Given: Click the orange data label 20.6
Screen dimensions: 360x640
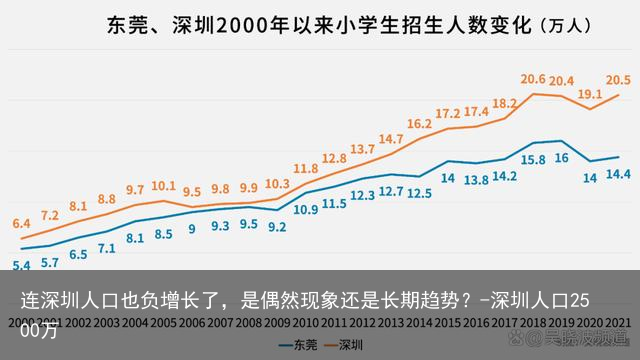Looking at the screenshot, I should click(533, 78).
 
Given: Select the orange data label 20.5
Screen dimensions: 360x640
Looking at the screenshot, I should click(618, 79).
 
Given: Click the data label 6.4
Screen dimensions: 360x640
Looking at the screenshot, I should click(21, 224).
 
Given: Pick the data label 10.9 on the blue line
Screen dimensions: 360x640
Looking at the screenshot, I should click(306, 210).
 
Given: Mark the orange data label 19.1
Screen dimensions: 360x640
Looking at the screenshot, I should click(590, 93).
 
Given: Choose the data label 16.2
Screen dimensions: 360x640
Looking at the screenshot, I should click(420, 124).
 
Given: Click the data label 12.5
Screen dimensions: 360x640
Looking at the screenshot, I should click(420, 193).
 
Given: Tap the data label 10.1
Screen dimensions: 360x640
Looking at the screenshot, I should click(163, 186).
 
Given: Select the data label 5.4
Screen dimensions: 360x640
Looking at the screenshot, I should click(21, 265).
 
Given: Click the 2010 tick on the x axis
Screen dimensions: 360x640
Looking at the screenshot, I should click(306, 323).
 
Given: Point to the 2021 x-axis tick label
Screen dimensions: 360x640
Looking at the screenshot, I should click(618, 323).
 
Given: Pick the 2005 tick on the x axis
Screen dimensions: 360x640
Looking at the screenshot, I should click(163, 323).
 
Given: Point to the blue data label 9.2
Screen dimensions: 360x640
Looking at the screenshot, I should click(277, 227).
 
